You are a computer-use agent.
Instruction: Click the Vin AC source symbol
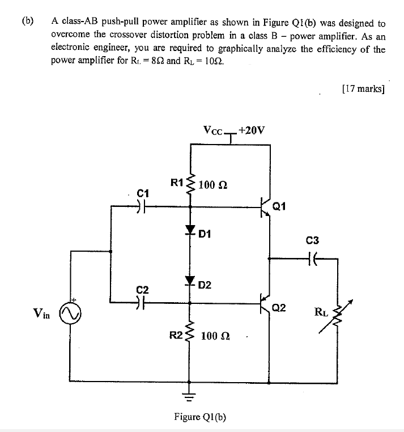point(74,312)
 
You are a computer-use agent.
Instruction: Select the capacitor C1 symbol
point(142,207)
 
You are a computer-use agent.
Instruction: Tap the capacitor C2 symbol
point(142,303)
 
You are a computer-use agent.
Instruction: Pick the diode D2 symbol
point(190,281)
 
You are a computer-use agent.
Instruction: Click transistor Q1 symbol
point(265,207)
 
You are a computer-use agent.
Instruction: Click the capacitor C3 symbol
point(313,258)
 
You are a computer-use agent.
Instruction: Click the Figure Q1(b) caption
point(200,418)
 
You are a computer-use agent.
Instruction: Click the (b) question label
point(28,23)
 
